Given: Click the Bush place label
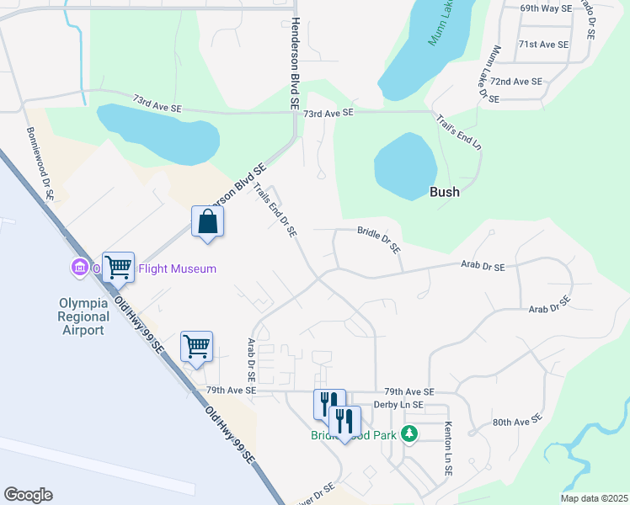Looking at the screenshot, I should point(445,192).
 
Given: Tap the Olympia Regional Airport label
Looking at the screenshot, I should point(83,316).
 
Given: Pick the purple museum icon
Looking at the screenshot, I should point(80,268).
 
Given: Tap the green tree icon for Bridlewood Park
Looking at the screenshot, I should point(409,434).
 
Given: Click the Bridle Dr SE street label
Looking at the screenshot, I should point(379,239).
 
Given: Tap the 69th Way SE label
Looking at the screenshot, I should point(545,8).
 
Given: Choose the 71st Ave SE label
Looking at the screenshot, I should point(543,44).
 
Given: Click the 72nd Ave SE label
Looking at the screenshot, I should point(515,82).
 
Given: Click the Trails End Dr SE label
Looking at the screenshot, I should point(277,211).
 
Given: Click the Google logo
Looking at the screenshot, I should point(28,495).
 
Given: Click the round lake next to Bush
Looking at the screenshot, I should point(405,166).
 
